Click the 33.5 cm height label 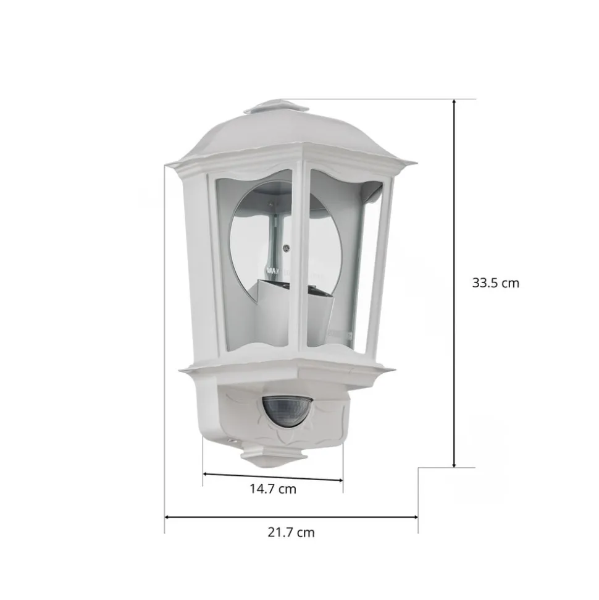pos(495,284)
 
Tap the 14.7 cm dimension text pos(272,489)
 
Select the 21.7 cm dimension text pos(291,532)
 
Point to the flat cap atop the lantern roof pos(276,108)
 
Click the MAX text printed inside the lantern pos(270,270)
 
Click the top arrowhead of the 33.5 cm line pos(454,103)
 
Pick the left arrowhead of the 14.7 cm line pos(206,475)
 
